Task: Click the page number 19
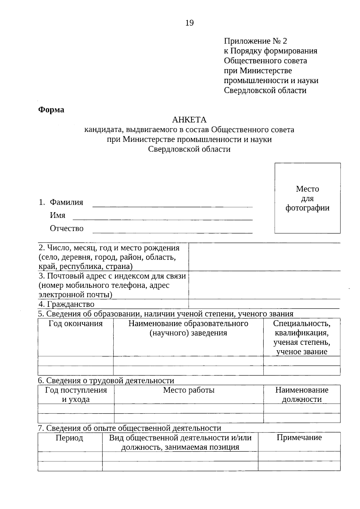[x=190, y=23]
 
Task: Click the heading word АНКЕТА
[x=189, y=120]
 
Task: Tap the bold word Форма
[x=51, y=110]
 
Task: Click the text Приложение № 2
[x=255, y=41]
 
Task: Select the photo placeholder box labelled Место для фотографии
[x=307, y=198]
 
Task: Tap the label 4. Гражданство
[x=66, y=304]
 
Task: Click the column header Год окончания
[x=76, y=324]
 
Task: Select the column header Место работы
[x=189, y=390]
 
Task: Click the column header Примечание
[x=299, y=438]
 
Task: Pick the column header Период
[x=69, y=438]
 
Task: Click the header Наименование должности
[x=302, y=395]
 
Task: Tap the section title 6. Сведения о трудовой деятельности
[x=106, y=381]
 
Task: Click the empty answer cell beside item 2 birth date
[x=264, y=257]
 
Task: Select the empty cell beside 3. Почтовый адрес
[x=264, y=285]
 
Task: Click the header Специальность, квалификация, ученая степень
[x=302, y=338]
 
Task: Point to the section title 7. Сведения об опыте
[x=129, y=428]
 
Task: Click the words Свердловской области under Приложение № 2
[x=265, y=91]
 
